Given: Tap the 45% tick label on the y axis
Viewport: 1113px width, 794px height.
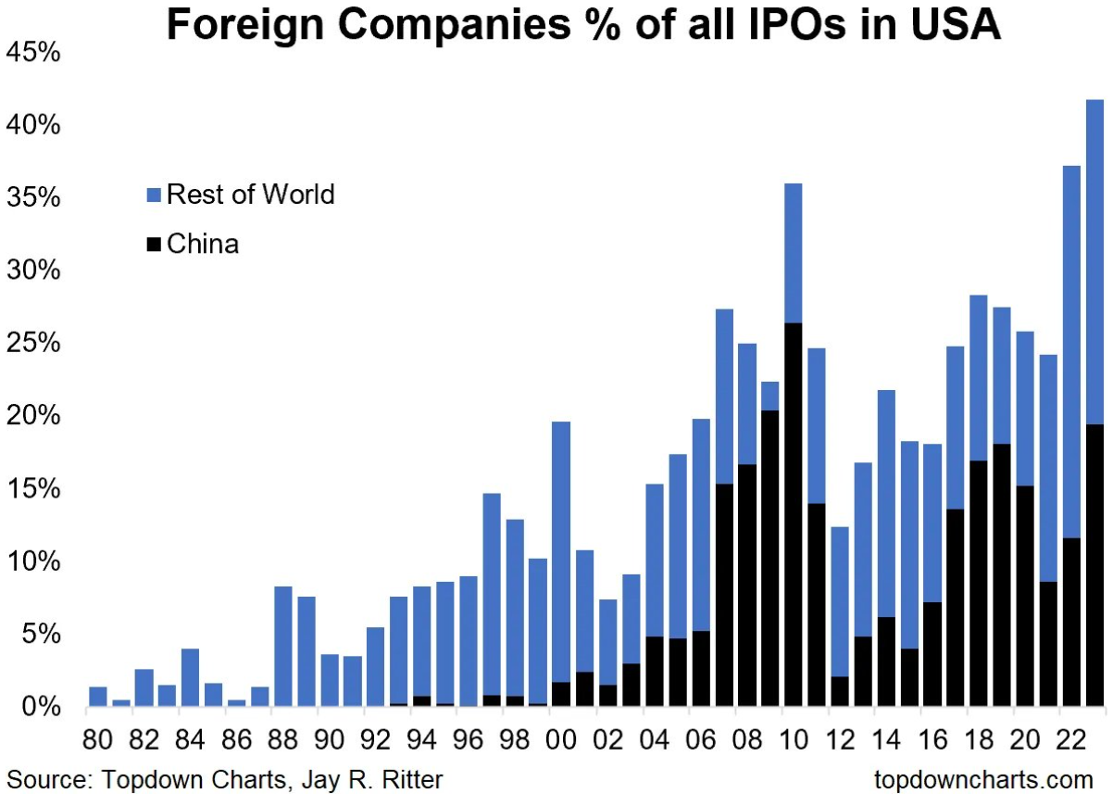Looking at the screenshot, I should pos(33,53).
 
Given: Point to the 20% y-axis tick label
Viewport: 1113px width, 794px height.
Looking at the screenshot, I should pos(33,416).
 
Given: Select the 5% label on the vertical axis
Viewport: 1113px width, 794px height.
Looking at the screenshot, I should pos(41,635).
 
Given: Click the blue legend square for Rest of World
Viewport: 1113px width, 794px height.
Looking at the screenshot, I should pos(155,195).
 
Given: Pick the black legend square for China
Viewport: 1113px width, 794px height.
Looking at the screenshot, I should pos(155,245).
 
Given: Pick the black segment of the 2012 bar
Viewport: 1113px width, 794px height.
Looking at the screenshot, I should pos(839,692).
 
